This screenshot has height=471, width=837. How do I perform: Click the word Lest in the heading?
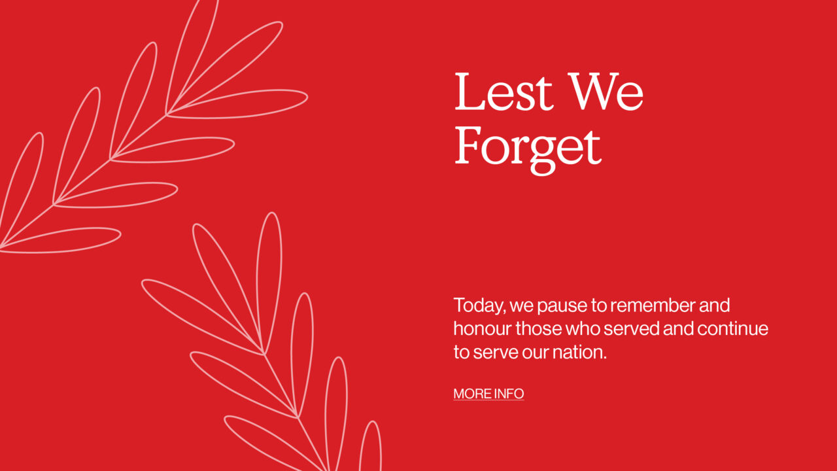pos(504,92)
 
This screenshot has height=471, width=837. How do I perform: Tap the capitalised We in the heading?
pos(606,92)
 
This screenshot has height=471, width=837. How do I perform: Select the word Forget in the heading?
pos(528,150)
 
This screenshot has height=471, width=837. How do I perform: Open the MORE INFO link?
pos(488,394)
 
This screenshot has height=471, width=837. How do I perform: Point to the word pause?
pos(562,307)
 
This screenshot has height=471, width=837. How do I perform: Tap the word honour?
pos(483,328)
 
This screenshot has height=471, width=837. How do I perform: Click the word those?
pos(539,328)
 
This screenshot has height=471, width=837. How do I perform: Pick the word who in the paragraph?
pos(583,328)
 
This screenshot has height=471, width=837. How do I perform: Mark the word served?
pos(632,328)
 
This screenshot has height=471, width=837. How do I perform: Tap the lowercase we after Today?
pos(522,307)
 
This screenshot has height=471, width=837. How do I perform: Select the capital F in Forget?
pos(468,145)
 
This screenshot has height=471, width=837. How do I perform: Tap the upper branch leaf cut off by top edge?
pos(192,56)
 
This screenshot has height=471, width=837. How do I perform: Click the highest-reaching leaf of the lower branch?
pos(269,283)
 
